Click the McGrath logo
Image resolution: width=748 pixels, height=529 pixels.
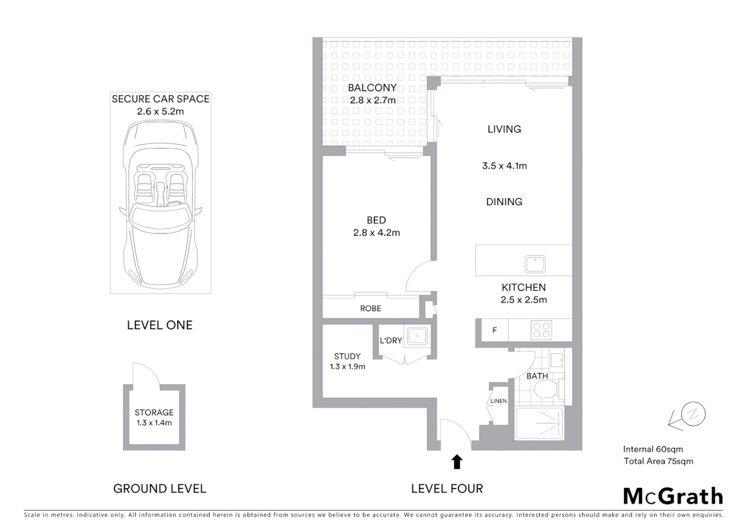click(673, 496)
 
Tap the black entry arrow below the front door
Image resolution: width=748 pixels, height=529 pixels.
click(457, 461)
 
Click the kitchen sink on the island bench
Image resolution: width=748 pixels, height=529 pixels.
click(535, 264)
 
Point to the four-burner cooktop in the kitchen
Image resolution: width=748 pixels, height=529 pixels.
click(541, 330)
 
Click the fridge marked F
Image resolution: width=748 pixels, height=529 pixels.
click(494, 330)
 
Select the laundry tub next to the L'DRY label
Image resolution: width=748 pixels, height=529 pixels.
click(416, 337)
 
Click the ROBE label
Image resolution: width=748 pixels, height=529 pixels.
click(371, 309)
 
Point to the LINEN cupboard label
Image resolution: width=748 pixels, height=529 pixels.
click(498, 401)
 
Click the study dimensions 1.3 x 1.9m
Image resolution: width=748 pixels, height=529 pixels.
click(347, 366)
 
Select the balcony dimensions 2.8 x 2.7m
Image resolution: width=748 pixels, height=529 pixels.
click(373, 100)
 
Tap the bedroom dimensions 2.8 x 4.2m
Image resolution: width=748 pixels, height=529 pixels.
click(376, 233)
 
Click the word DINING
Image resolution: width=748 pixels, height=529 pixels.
click(504, 202)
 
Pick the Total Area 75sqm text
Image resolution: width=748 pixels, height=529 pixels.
click(658, 461)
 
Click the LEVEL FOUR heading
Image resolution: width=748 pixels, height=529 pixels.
click(447, 488)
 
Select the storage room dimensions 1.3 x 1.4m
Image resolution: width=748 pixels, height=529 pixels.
click(154, 423)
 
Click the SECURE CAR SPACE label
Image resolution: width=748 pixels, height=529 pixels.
click(161, 99)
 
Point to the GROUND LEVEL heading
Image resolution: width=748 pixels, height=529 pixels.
click(160, 488)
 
